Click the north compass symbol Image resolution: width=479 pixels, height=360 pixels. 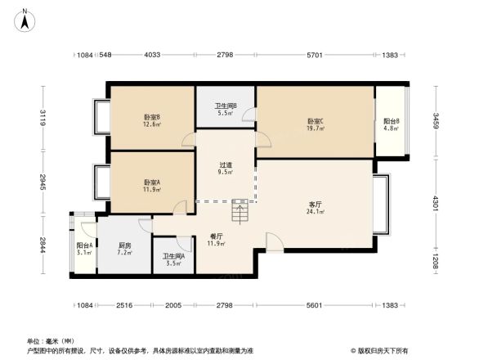click(x=25, y=18)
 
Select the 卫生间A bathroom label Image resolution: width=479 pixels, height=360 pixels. click(x=173, y=259)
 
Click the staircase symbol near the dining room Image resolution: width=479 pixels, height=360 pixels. click(x=240, y=214)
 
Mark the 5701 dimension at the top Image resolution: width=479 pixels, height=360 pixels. click(x=315, y=55)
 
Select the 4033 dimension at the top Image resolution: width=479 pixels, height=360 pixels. click(x=152, y=55)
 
